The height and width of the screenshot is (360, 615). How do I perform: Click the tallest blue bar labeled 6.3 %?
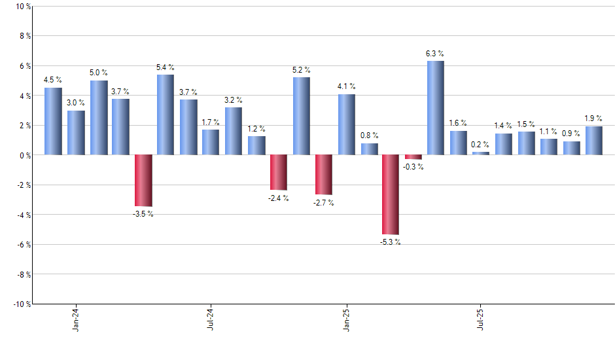coord(436,108)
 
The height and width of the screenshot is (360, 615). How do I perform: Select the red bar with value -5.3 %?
coord(391,194)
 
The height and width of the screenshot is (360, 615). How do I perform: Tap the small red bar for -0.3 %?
coord(413,157)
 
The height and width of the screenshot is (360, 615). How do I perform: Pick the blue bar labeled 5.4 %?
coord(166,115)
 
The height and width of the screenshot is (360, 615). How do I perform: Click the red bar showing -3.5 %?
coord(143,181)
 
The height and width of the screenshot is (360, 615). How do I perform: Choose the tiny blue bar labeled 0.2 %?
coord(481,153)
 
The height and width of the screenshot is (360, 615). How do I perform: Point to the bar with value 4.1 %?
coord(346,124)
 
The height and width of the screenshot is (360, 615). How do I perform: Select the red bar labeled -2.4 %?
coord(278,172)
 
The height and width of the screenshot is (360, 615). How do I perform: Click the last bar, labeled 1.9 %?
coord(593,141)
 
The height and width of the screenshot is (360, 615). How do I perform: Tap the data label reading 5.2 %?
coord(302,70)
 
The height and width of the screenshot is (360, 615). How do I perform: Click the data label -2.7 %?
coord(324,203)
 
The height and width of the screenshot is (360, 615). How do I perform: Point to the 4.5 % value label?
coord(53,81)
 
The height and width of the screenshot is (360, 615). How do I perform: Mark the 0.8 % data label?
coord(370,135)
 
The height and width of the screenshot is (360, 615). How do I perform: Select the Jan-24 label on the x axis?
coord(76,319)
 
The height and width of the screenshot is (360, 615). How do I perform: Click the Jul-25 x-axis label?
coord(481,319)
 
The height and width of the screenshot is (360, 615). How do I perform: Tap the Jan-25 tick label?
coord(346,319)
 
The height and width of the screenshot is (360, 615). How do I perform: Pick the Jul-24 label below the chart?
coord(211,319)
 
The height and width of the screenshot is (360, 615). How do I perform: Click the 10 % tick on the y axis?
coord(22,7)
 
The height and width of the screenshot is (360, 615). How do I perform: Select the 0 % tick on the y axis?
coord(24,155)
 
